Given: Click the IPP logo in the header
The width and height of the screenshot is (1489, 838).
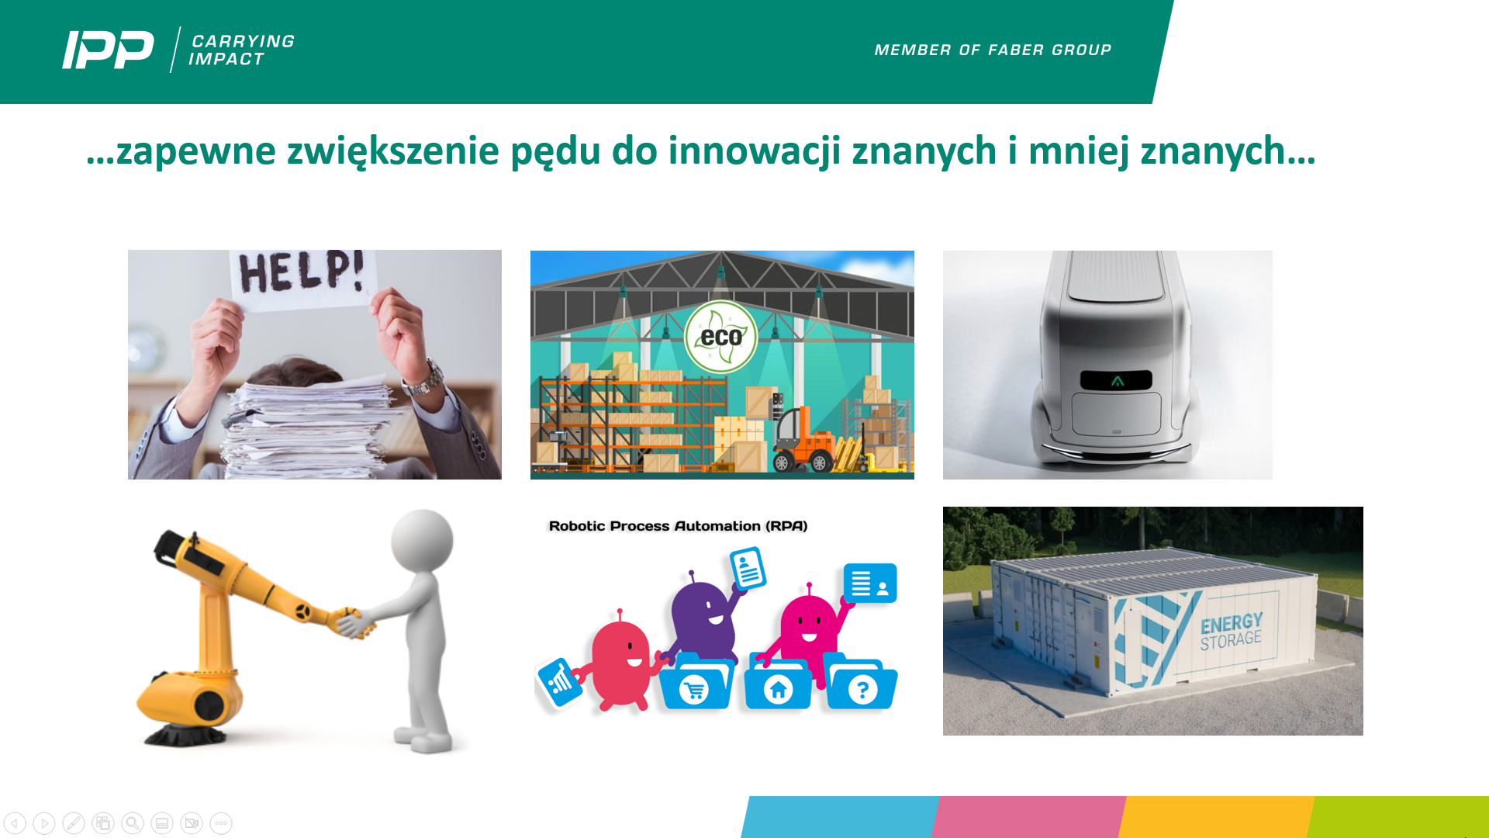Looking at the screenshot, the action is point(108,50).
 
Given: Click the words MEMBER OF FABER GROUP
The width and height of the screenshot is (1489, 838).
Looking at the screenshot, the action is point(993,50).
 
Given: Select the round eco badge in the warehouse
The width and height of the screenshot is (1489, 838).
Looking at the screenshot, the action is point(720,337).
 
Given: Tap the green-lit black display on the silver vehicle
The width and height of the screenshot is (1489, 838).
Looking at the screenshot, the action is point(1116,380).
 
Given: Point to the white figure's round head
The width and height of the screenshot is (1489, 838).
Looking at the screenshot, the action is point(422,540).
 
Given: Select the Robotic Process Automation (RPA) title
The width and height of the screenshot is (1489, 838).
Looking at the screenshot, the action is point(678,526).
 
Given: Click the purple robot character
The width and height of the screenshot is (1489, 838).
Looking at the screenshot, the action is point(703,616).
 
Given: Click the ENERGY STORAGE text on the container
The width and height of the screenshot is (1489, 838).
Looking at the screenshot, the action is point(1231,632).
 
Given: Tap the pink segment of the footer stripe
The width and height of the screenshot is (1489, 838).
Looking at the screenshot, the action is point(1029,817).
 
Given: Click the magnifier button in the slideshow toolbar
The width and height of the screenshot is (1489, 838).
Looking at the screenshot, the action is point(133,822).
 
